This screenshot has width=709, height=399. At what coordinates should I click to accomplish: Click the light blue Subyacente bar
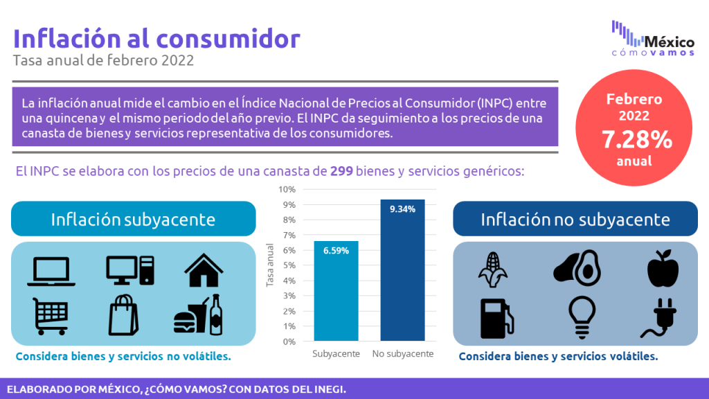pos(336,291)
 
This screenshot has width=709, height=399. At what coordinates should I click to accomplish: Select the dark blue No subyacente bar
pos(402,270)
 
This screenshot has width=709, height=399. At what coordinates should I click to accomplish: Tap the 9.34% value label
pos(402,209)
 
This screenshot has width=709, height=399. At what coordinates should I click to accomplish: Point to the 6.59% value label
pos(336,251)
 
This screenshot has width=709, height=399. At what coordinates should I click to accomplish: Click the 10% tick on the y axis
pos(287,189)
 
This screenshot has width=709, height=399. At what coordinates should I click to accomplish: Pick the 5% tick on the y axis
pos(289,265)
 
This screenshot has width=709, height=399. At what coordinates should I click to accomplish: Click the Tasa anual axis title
pos(271,265)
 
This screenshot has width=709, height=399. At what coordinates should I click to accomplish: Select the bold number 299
pos(341,171)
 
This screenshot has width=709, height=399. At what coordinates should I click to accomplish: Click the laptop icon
pos(51,272)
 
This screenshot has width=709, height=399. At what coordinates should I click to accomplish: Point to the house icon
pos(204,270)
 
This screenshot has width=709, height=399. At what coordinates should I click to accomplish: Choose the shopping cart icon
pos(50,316)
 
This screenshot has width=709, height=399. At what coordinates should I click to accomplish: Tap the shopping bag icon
pos(123,315)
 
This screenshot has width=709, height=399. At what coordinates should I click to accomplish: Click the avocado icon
pos(577,268)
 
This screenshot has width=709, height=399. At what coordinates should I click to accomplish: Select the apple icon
pos(663,268)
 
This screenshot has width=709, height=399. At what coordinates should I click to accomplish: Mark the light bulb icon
pos(582,317)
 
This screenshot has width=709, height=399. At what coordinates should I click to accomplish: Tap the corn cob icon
pos(493,269)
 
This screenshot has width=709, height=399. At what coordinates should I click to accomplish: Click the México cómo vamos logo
pos(653,39)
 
